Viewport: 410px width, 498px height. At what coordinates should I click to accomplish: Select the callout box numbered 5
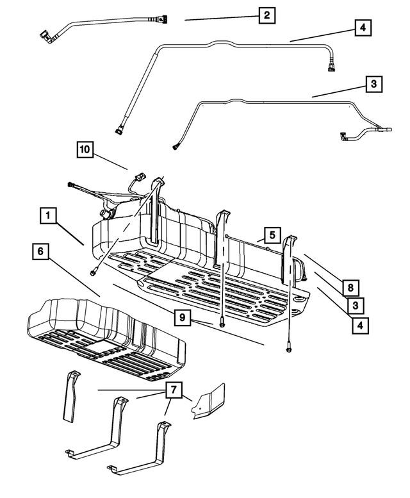(x=271, y=235)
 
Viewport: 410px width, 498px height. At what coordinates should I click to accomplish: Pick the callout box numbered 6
(x=40, y=253)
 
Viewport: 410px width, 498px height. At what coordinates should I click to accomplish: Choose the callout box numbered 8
(x=350, y=288)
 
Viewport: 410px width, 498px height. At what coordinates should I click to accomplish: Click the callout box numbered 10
(x=85, y=150)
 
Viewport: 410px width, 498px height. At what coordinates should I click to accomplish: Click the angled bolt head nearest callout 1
(x=94, y=271)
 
